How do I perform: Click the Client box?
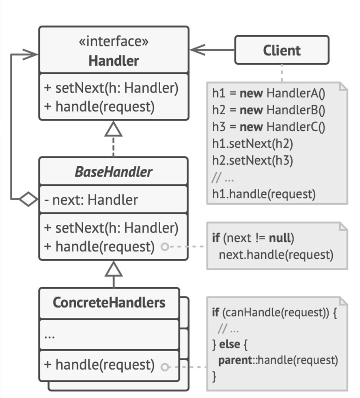coord(282,50)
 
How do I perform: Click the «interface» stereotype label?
coord(114,41)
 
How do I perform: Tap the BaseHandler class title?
coord(114,172)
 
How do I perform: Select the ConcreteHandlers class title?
coord(109,302)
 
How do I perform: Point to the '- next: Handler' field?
coord(91,200)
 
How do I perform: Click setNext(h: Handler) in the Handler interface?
coord(111,88)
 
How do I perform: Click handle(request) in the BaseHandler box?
coord(99,247)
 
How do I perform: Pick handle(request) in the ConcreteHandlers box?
coord(99,365)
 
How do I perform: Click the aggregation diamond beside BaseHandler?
coord(28,199)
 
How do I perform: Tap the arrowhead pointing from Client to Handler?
coord(198,50)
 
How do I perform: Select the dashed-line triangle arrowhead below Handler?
coord(113,129)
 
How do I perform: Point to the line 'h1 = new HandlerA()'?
coord(269,93)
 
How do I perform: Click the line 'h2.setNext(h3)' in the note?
coord(252,161)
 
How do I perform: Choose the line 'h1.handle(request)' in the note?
coord(264,194)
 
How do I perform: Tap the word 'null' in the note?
coord(280,238)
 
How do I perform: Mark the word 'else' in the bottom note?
coord(230,344)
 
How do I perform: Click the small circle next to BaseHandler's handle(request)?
coord(165,246)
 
